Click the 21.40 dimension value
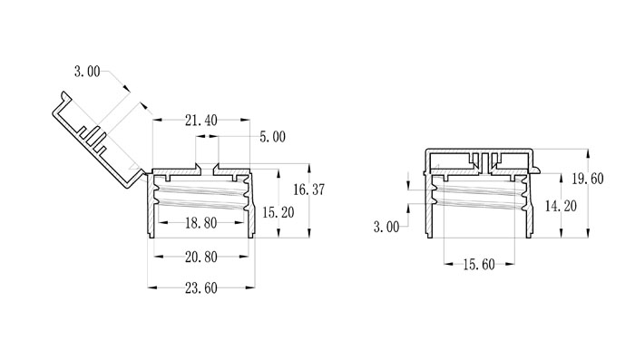click(200, 121)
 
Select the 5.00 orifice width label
click(272, 137)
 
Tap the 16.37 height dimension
click(309, 190)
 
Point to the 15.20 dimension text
click(278, 212)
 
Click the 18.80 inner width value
click(200, 223)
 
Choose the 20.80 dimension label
click(200, 257)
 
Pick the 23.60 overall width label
click(200, 288)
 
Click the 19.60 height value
click(587, 178)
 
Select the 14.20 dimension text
click(561, 206)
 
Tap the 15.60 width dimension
click(479, 265)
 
